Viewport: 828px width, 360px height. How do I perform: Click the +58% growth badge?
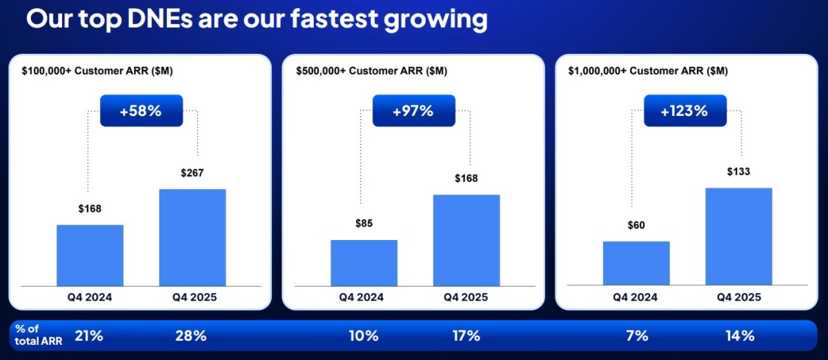click(x=141, y=110)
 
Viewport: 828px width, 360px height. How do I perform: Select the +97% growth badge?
click(x=414, y=110)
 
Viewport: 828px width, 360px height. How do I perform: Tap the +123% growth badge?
click(x=685, y=110)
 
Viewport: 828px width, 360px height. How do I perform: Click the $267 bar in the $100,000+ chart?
click(x=193, y=238)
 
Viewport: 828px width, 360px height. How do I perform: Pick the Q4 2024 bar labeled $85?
click(x=364, y=263)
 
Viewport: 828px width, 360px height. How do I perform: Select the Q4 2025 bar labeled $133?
click(x=739, y=237)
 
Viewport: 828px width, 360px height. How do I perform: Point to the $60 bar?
click(x=636, y=263)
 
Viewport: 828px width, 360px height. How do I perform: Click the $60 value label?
click(x=636, y=225)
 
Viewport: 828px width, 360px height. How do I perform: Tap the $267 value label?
click(x=193, y=172)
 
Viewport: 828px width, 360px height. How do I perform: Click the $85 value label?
click(x=364, y=223)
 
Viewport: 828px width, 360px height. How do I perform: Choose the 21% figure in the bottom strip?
click(x=89, y=336)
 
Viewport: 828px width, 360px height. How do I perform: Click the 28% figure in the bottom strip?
click(x=190, y=336)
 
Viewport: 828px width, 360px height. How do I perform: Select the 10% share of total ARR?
click(x=364, y=336)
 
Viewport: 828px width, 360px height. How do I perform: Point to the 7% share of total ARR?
click(x=637, y=336)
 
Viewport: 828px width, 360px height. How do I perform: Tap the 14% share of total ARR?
click(x=740, y=336)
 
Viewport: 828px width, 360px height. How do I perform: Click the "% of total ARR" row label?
click(x=39, y=335)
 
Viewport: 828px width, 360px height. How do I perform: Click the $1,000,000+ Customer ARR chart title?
click(x=648, y=70)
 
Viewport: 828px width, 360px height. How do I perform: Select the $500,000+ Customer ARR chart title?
click(x=371, y=70)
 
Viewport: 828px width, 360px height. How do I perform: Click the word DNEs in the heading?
click(x=160, y=19)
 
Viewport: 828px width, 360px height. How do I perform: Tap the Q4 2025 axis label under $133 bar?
click(x=739, y=297)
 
